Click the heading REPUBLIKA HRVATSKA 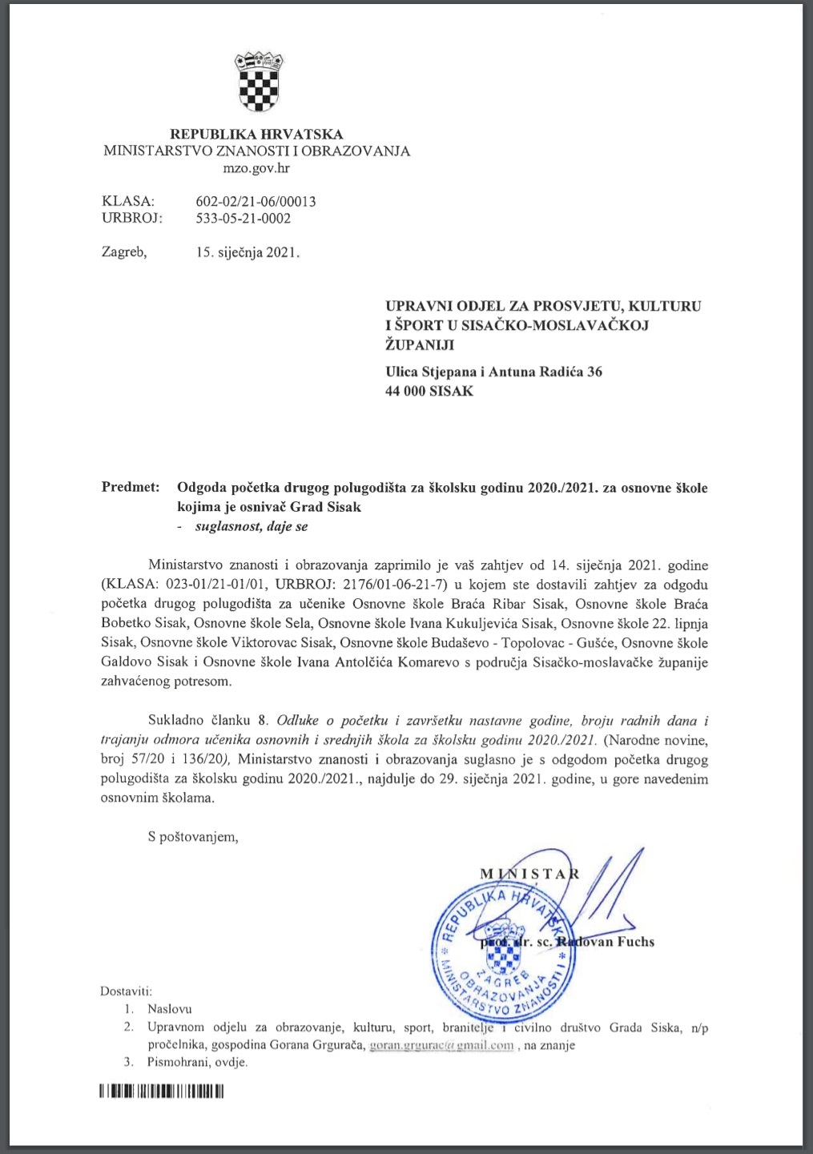click(x=256, y=134)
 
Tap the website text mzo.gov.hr click(x=256, y=168)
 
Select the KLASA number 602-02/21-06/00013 click(x=256, y=201)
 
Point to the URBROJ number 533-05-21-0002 click(x=243, y=218)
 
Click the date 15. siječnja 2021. click(x=248, y=252)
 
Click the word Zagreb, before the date click(x=124, y=252)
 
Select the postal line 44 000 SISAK click(x=429, y=391)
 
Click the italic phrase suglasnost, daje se click(x=252, y=526)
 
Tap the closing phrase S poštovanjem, click(x=193, y=837)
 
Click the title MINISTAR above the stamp click(x=529, y=873)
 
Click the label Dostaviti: click(x=126, y=991)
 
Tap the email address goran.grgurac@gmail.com click(x=441, y=1045)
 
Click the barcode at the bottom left click(x=162, y=1091)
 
